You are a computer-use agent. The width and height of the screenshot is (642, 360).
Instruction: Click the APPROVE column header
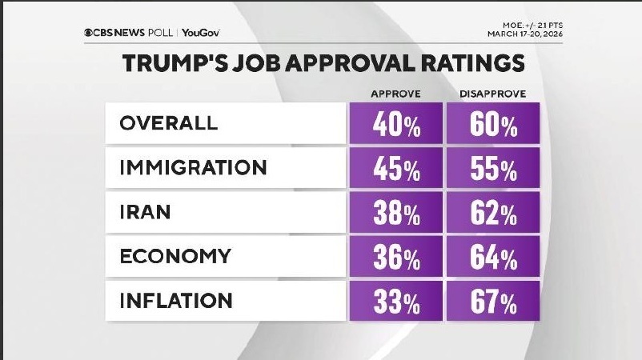click(x=396, y=94)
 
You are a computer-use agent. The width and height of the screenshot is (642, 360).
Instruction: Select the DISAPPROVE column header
click(x=492, y=94)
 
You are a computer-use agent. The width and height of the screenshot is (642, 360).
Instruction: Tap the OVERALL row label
click(x=168, y=124)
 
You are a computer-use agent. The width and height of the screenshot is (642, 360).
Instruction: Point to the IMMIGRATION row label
click(x=193, y=168)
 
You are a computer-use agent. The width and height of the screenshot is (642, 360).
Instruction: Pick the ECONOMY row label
click(x=175, y=257)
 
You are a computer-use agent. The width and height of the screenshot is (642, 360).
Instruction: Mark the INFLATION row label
click(x=176, y=301)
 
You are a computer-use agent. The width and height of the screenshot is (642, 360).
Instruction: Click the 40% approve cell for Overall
click(x=396, y=125)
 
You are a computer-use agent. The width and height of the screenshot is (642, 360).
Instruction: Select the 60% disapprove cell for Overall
click(x=492, y=125)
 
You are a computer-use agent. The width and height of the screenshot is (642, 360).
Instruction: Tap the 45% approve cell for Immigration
click(x=396, y=169)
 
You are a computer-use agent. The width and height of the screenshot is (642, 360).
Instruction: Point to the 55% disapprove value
click(x=492, y=169)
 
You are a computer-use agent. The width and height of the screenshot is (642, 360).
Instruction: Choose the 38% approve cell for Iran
click(x=396, y=214)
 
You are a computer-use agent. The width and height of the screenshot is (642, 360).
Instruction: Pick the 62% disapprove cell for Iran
click(x=492, y=214)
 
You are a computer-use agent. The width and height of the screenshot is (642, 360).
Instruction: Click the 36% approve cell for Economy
click(x=396, y=258)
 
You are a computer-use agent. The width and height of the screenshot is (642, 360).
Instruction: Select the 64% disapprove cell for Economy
click(x=492, y=258)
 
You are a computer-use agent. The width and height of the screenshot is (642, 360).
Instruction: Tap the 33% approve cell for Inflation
click(x=396, y=302)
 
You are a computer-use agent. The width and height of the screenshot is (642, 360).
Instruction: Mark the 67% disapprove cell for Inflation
click(x=492, y=302)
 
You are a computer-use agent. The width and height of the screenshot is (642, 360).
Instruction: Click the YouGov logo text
click(x=201, y=33)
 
